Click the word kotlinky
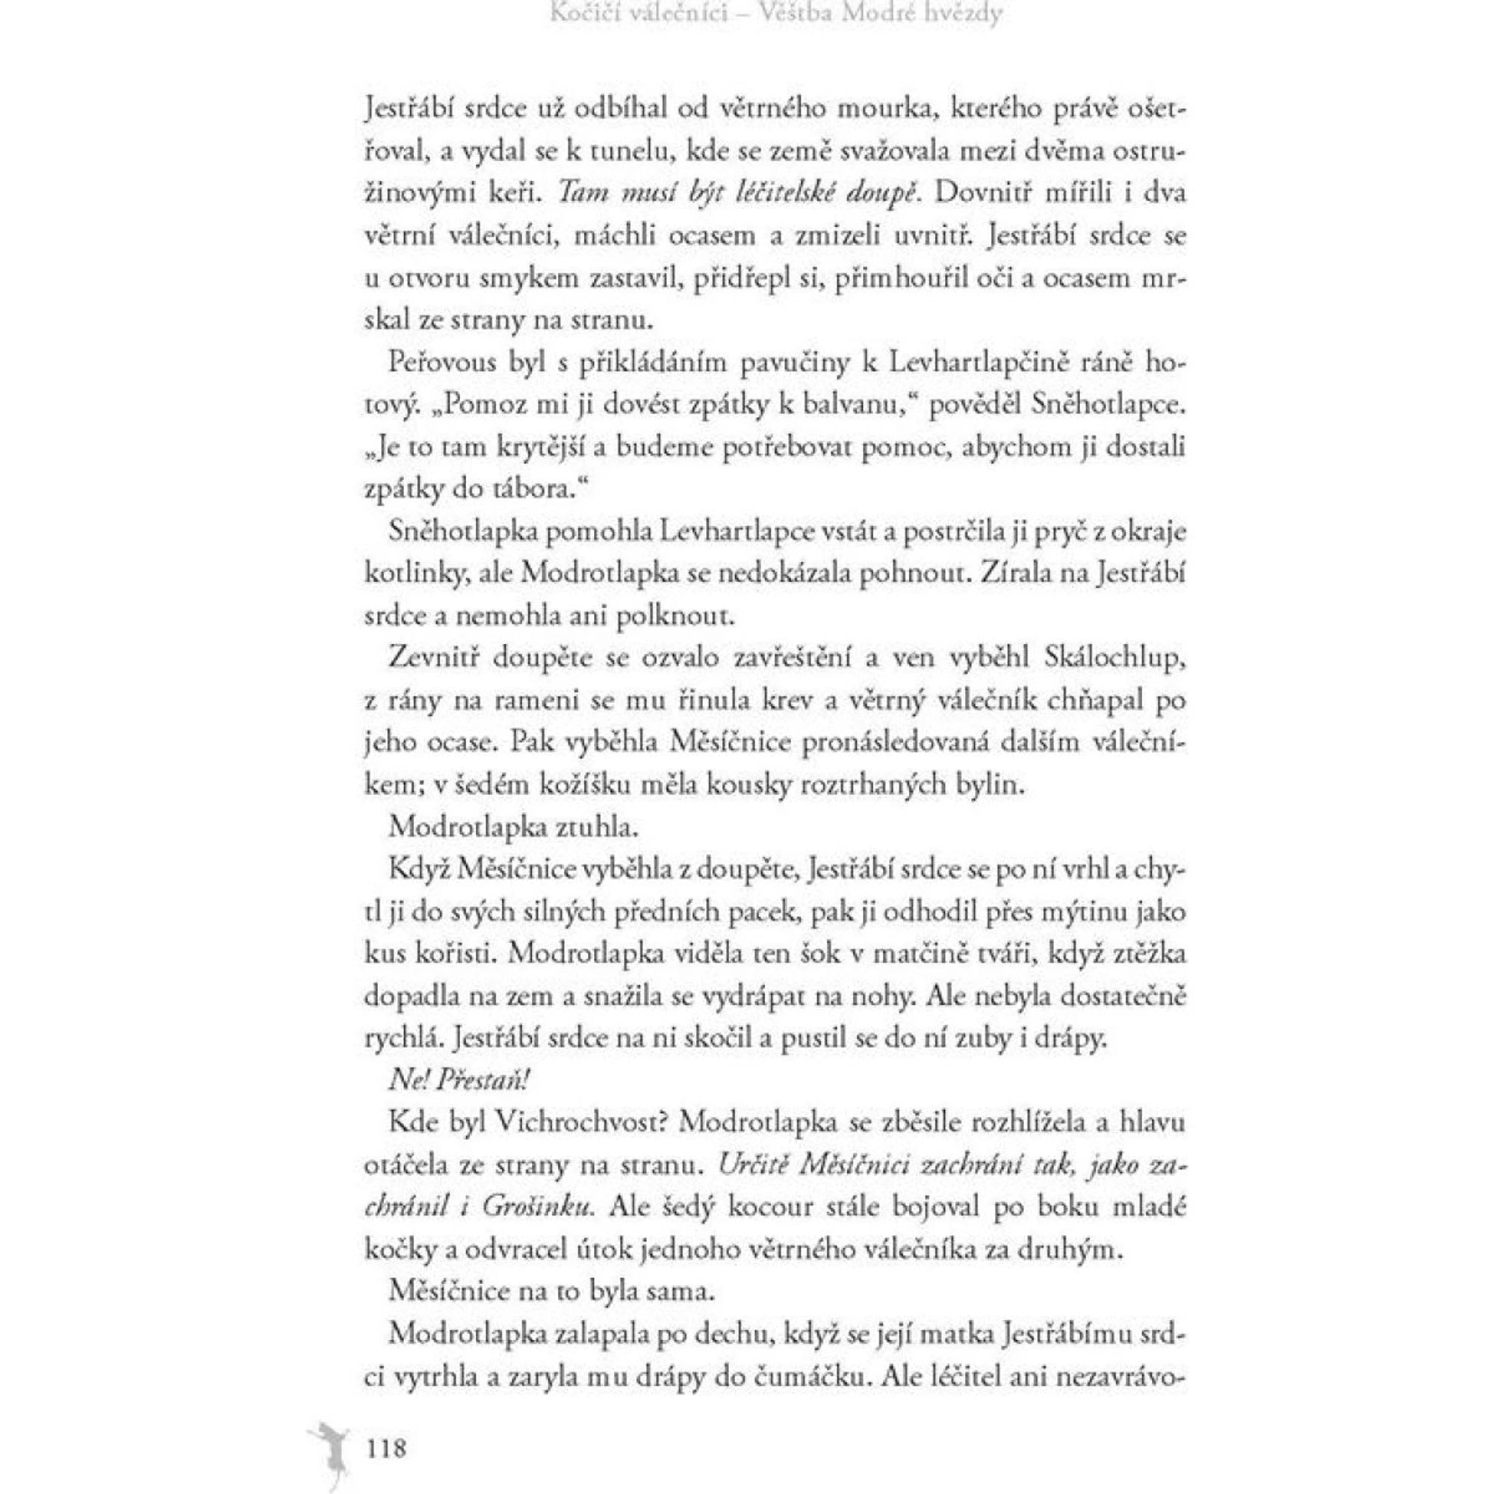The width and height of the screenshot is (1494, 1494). [415, 574]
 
